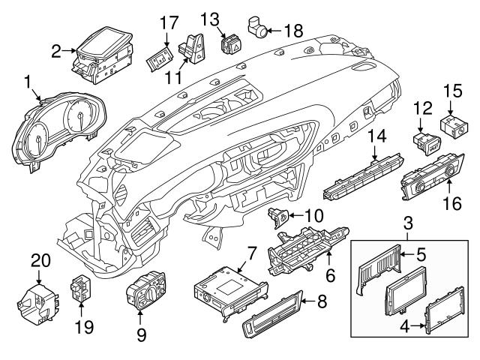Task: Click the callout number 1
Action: [x=28, y=80]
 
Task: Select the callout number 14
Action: [x=375, y=135]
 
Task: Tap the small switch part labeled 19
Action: [x=80, y=288]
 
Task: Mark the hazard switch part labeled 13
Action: [x=230, y=42]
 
